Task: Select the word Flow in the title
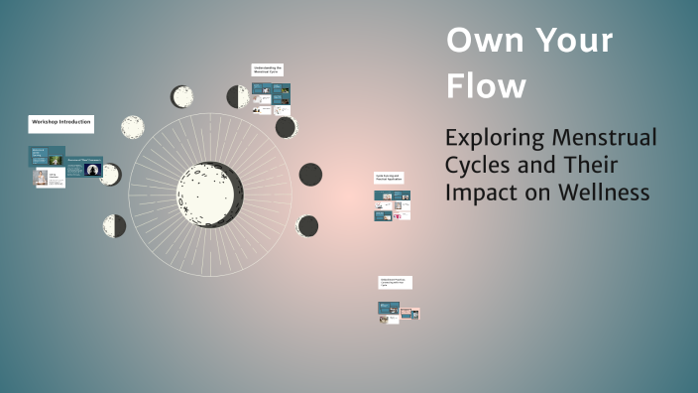pyautogui.click(x=487, y=86)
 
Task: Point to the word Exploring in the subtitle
pyautogui.click(x=500, y=137)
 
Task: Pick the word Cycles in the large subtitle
pyautogui.click(x=482, y=165)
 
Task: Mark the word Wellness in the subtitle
pyautogui.click(x=604, y=193)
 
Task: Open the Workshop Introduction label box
pyautogui.click(x=60, y=124)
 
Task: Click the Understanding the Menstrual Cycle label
pyautogui.click(x=268, y=70)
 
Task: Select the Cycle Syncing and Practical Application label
pyautogui.click(x=389, y=178)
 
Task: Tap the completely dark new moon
pyautogui.click(x=310, y=175)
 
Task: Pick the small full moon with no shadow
pyautogui.click(x=132, y=128)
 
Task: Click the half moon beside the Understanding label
pyautogui.click(x=238, y=96)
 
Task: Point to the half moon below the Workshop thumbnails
pyautogui.click(x=115, y=225)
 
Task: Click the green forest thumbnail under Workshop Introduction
pyautogui.click(x=56, y=160)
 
